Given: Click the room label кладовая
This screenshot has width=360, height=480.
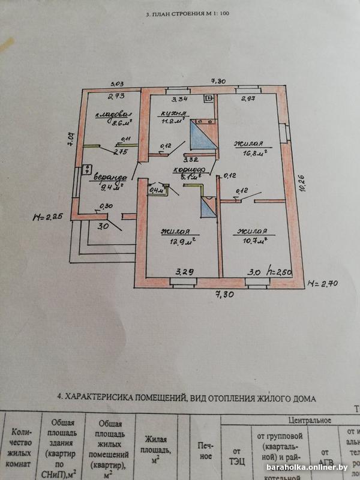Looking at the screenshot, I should point(113,114).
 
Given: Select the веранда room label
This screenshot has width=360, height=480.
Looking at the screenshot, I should point(109,178).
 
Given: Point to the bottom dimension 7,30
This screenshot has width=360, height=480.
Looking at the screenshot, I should point(226,294).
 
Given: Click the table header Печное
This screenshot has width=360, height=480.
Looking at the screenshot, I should point(205,451).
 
